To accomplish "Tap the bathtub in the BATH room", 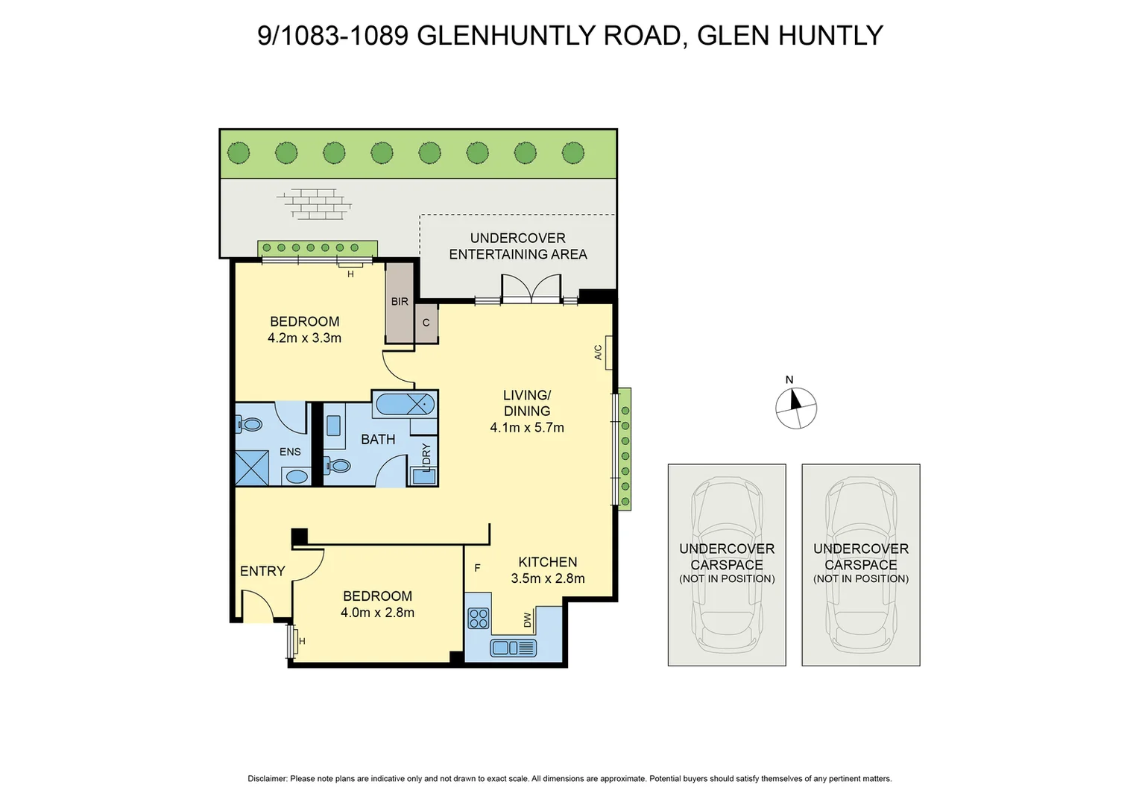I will click(405, 404).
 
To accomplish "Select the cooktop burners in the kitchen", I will click(479, 618).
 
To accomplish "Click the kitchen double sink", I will click(514, 648).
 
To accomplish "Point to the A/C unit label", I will click(599, 353).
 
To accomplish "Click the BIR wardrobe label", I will click(400, 302).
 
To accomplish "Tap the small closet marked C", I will click(426, 323).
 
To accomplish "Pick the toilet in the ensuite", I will click(250, 425).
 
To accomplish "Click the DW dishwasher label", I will click(528, 619).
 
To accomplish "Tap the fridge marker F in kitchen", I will click(477, 568).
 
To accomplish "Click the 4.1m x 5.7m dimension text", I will click(527, 428).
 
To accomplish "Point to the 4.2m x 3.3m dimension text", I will click(304, 338).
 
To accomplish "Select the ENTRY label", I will click(262, 571).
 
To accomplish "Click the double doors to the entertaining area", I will click(530, 289).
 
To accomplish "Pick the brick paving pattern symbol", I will click(315, 203).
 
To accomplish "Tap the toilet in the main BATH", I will click(339, 467).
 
